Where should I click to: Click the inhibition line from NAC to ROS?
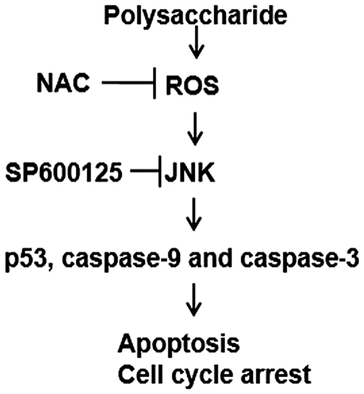coord(127,82)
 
